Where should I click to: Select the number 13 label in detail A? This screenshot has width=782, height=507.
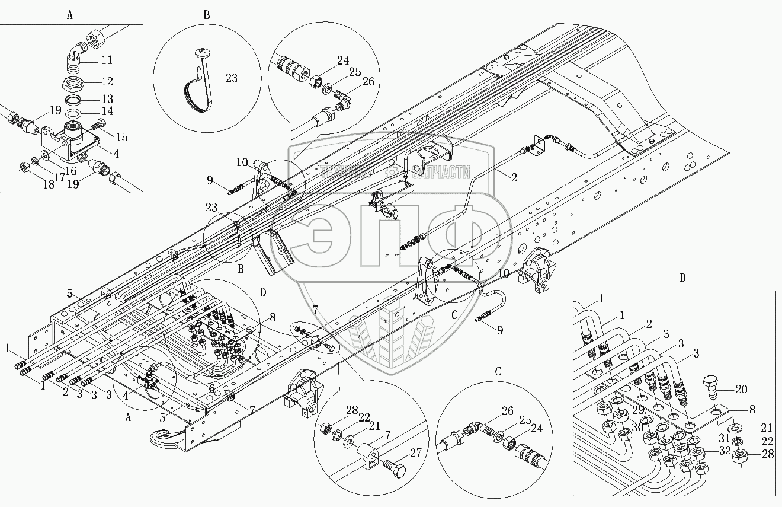point(107,98)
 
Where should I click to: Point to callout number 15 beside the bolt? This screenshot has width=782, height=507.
point(121,137)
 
